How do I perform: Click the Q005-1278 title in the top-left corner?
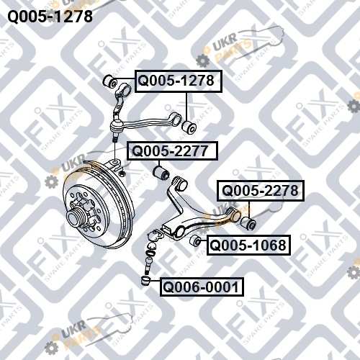(50, 16)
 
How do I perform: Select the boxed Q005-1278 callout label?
(179, 81)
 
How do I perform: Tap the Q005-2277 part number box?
(172, 150)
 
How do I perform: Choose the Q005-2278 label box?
(261, 191)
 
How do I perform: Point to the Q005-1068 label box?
(248, 245)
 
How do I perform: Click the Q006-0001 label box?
(202, 287)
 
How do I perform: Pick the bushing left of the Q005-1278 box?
(110, 81)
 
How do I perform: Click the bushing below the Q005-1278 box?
(189, 127)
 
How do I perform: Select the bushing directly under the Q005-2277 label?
(161, 174)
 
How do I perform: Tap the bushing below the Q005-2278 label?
(248, 223)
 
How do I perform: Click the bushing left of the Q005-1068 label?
(195, 240)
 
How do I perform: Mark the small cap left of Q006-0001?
(145, 281)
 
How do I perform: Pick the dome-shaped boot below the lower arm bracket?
(152, 246)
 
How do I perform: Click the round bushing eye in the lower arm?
(180, 232)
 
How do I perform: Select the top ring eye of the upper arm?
(125, 89)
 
